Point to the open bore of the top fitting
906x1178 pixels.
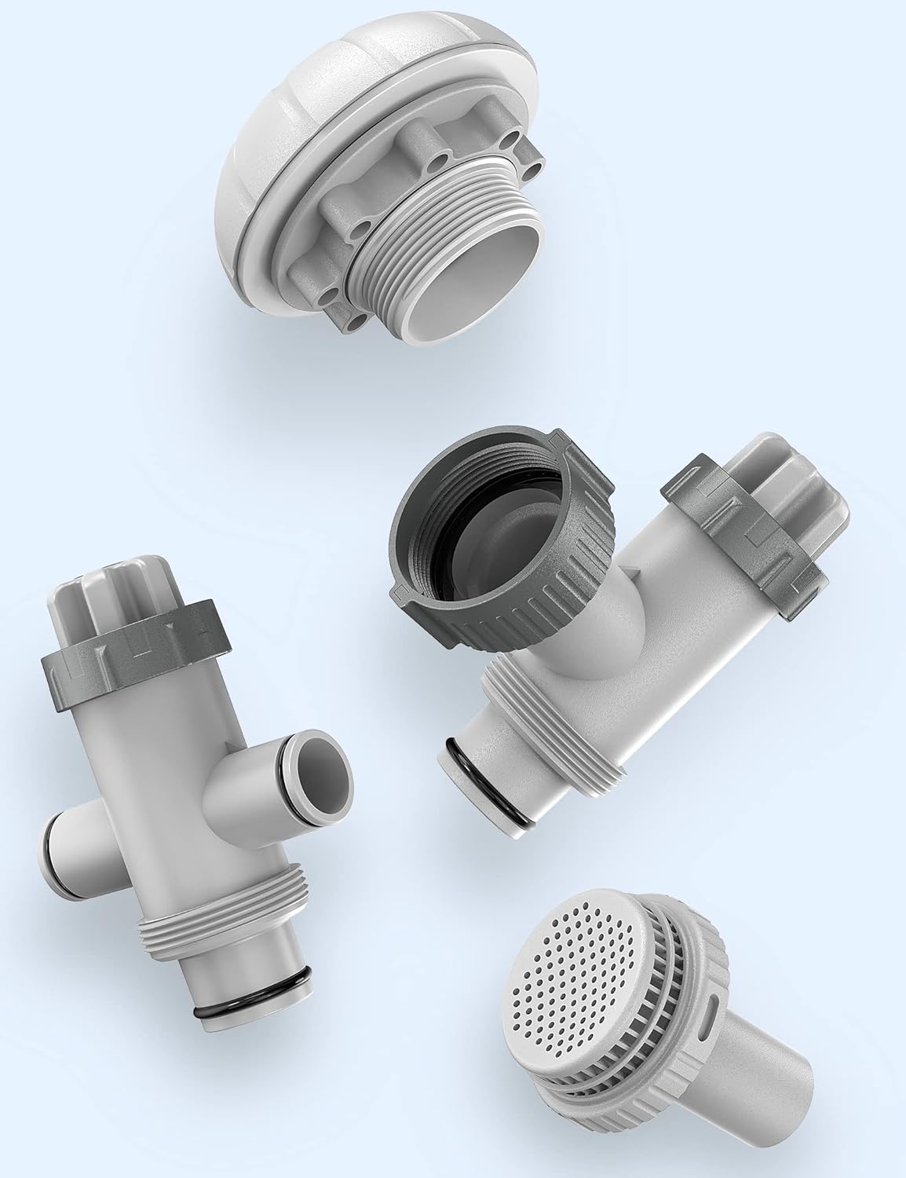pyautogui.click(x=487, y=267)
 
